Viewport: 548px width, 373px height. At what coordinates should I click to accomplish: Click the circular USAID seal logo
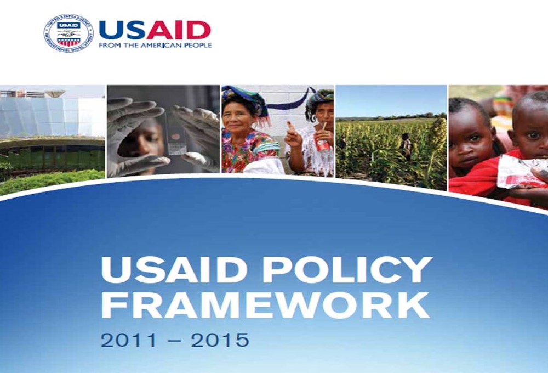(68, 33)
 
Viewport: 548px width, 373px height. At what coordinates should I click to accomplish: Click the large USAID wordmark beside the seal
(155, 30)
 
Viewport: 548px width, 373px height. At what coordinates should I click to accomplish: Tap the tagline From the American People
(155, 46)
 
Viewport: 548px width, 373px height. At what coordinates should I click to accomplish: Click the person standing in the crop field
(406, 146)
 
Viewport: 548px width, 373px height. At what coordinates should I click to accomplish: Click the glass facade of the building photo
(53, 117)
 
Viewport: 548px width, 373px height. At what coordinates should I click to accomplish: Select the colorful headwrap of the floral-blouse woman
(244, 98)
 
